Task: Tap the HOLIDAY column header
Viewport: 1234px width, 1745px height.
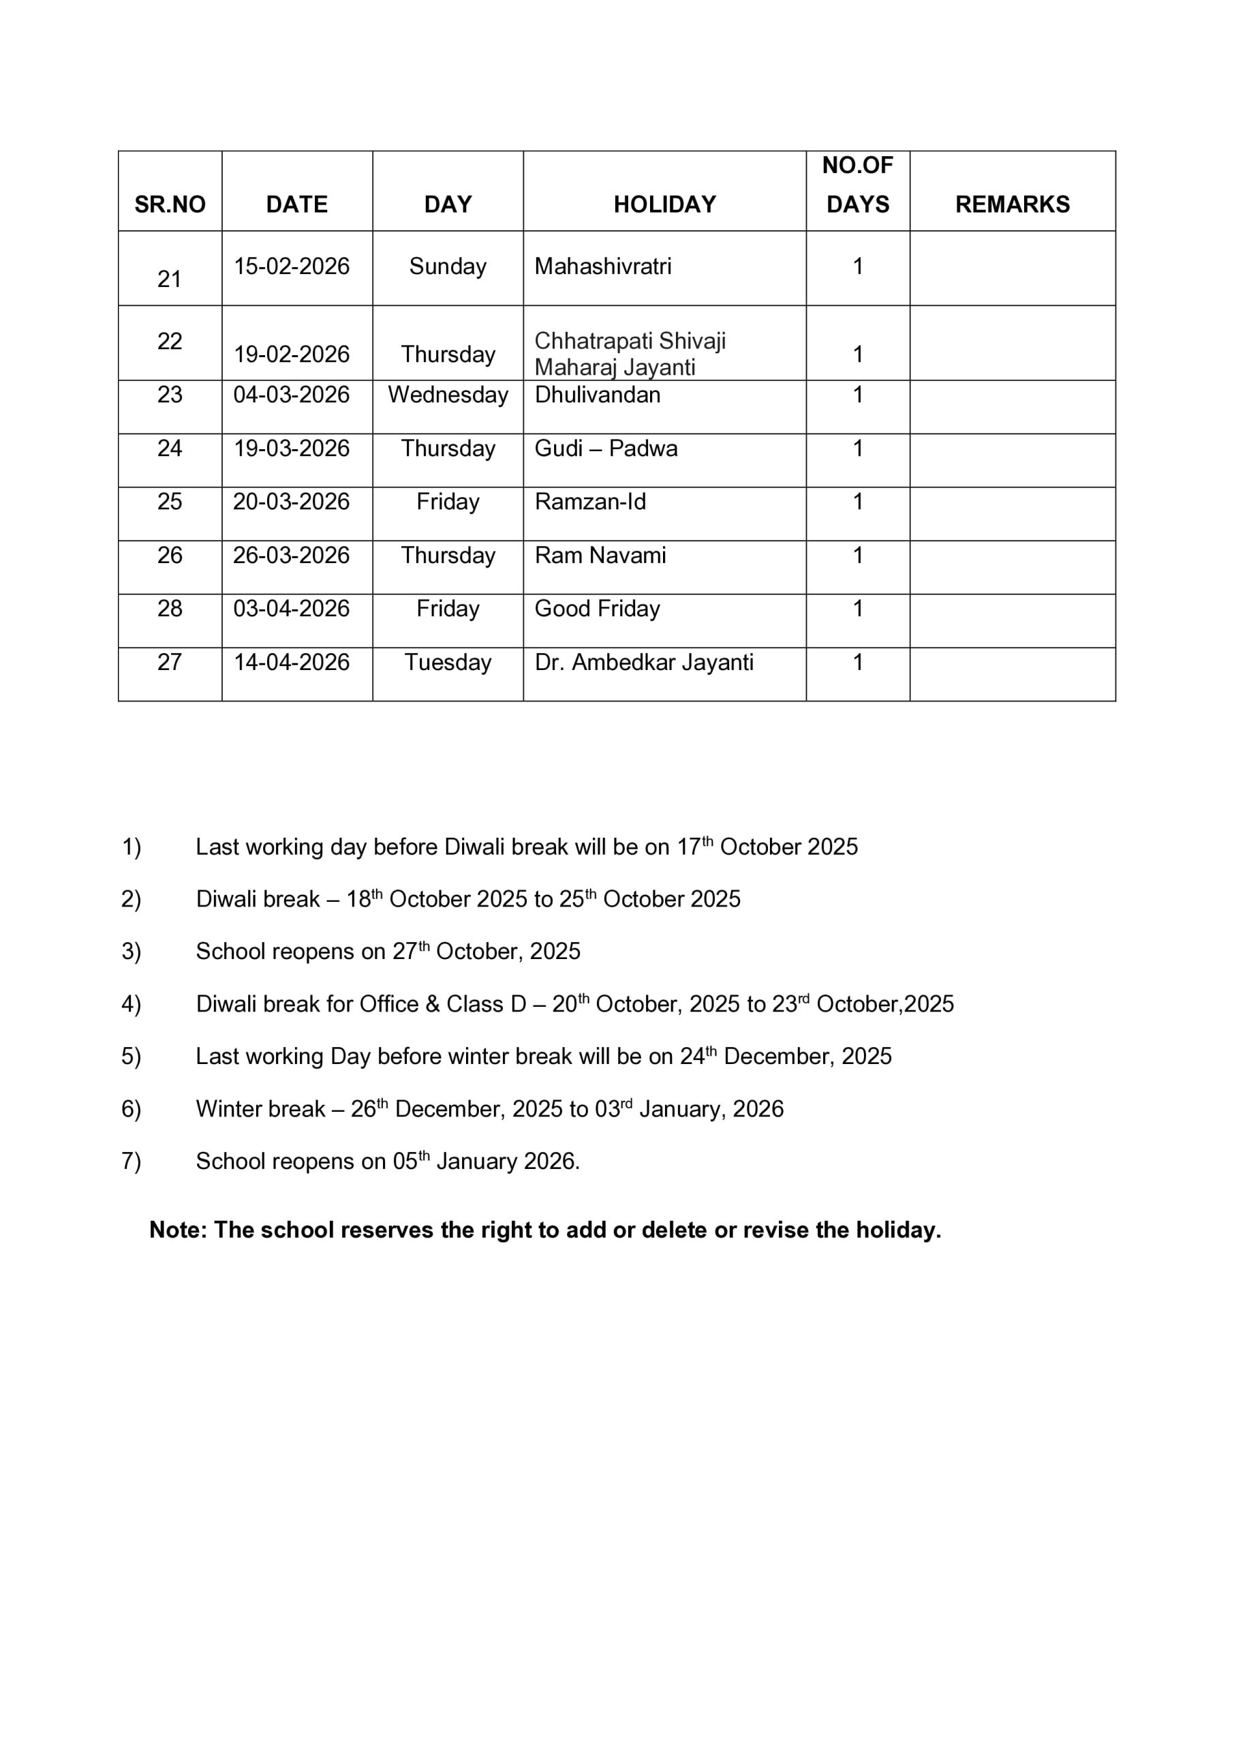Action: tap(664, 204)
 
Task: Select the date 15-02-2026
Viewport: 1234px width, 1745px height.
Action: tap(291, 267)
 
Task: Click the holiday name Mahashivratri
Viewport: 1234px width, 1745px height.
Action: tap(602, 267)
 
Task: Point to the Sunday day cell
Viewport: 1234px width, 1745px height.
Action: tap(448, 267)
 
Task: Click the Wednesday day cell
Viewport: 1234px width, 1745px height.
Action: tap(448, 395)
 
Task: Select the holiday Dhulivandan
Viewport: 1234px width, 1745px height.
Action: tap(598, 395)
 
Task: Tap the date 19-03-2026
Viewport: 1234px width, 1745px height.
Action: tap(291, 449)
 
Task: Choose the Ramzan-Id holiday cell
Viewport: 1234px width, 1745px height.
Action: tap(589, 502)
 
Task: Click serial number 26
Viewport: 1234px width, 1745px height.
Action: tap(170, 556)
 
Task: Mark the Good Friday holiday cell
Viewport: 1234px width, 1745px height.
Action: tap(598, 609)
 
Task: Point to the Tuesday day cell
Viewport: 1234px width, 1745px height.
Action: tap(448, 663)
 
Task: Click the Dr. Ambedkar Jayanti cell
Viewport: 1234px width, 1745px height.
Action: tap(644, 663)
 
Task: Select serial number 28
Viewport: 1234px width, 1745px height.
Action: tap(170, 609)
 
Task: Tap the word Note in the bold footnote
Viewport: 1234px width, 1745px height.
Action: tap(177, 1230)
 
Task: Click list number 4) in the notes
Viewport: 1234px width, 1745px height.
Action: tap(132, 1005)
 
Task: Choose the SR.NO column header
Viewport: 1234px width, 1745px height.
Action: tap(170, 204)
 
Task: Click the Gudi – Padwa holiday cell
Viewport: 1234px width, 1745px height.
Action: tap(606, 449)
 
